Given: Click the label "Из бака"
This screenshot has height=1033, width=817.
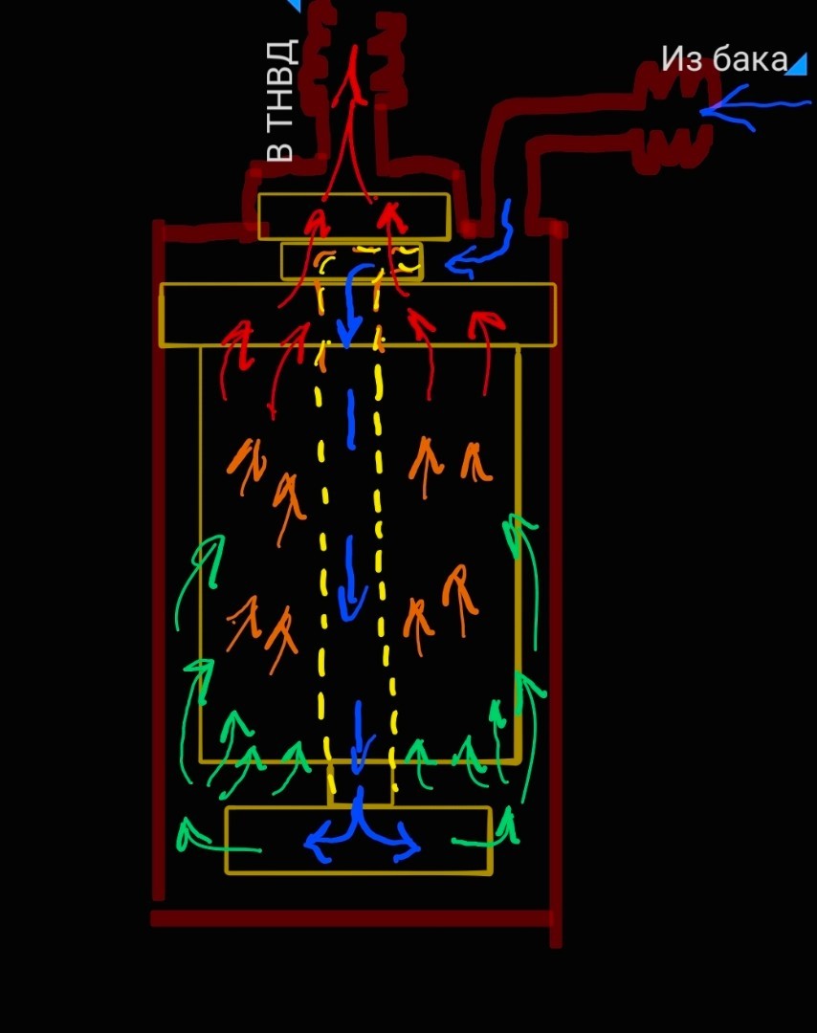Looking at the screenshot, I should click(722, 59).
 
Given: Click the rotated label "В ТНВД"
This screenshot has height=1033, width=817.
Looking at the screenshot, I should click(280, 100).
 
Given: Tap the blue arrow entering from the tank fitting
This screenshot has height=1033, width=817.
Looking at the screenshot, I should click(756, 106).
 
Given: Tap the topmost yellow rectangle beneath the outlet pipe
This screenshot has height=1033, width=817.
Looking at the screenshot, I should click(353, 216).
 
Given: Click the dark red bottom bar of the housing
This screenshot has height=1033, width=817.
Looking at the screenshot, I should click(350, 918).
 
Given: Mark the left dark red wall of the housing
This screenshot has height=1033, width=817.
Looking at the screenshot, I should click(159, 574).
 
